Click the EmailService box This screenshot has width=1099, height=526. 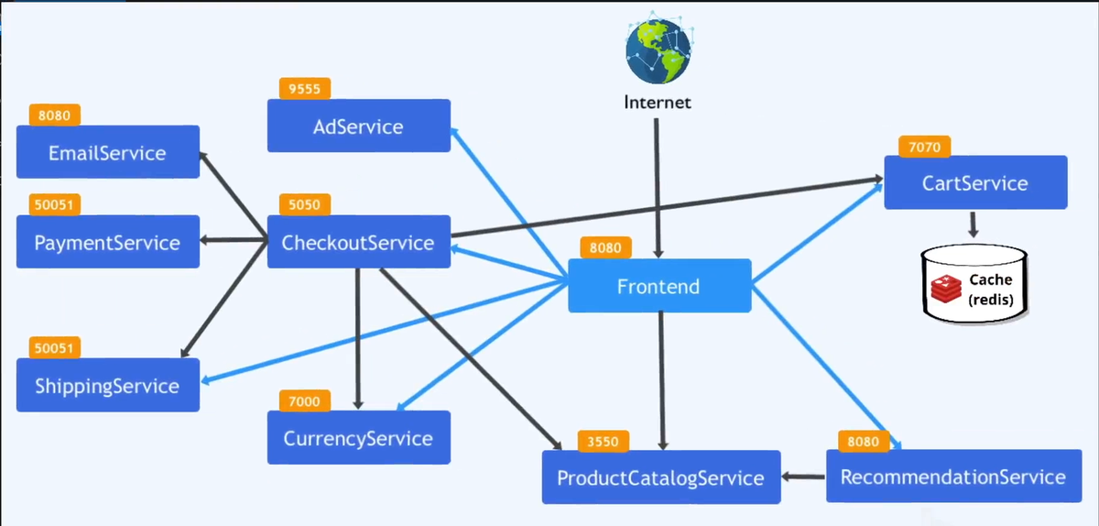point(108,152)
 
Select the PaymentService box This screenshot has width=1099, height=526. point(108,242)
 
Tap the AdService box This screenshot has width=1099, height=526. point(358,126)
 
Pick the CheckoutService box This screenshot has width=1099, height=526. point(358,242)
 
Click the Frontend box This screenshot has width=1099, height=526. point(659,286)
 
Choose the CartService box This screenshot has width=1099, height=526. point(975,182)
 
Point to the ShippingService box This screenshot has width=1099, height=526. point(108,385)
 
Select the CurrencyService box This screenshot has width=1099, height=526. point(358,437)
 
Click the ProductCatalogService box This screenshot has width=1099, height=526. point(660,477)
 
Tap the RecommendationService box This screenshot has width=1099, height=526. point(953,476)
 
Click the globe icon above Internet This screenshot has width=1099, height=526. point(656,50)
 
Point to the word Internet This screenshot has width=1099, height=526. point(657,102)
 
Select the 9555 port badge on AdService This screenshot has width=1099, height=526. point(305,89)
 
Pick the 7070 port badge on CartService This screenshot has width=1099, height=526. point(924,146)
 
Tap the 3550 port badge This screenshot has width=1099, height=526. point(604,442)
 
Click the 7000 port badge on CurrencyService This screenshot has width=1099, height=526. point(305,400)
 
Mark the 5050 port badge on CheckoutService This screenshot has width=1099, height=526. point(305,204)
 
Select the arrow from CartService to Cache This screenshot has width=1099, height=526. point(974,225)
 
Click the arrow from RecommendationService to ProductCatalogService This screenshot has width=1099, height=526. point(803,477)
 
